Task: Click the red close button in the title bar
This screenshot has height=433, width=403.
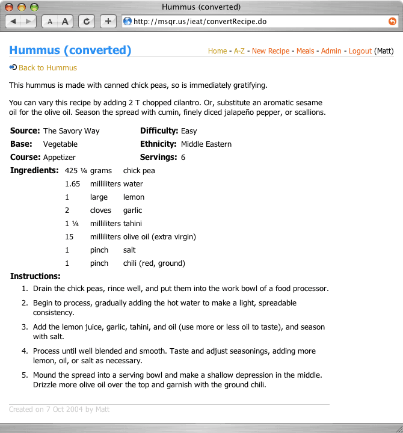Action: coord(10,7)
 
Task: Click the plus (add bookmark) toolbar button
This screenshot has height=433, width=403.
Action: coord(108,21)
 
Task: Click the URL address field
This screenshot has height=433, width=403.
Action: coord(253,21)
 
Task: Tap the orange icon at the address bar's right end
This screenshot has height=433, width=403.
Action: coord(392,21)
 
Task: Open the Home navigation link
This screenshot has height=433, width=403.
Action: coord(217,51)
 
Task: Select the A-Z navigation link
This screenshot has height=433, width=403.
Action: coord(239,51)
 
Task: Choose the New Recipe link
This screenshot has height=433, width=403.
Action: coord(271,51)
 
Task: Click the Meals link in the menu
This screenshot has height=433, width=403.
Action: coord(305,51)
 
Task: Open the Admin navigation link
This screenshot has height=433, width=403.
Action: coord(331,51)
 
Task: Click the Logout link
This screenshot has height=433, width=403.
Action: coord(360,51)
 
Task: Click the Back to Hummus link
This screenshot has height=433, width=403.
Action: coord(48,68)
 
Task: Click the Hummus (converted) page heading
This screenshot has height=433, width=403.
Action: coord(70,51)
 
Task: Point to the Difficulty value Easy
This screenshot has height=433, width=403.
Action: coord(189,131)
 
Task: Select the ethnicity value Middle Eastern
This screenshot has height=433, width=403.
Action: coord(206,144)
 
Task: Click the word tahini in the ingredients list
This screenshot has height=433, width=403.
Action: coord(132,224)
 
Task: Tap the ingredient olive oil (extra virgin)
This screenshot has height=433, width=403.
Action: coord(159,237)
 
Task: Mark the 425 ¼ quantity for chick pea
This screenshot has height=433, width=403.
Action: coord(76,171)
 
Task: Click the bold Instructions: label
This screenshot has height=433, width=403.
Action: coord(35,277)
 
